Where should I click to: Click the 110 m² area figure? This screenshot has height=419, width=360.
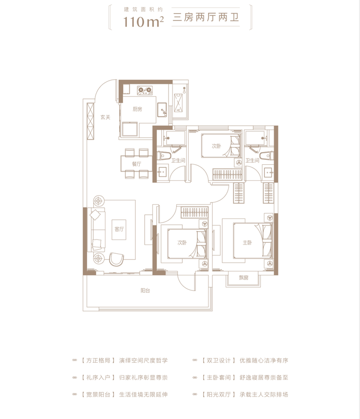point(144,22)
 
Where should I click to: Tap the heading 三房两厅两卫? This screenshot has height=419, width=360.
point(206,18)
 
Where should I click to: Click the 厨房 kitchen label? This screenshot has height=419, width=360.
point(137,109)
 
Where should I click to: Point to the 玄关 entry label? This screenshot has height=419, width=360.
point(105,117)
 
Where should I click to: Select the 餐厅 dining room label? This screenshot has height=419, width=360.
point(136,164)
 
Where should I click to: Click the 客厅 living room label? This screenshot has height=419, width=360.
point(119,229)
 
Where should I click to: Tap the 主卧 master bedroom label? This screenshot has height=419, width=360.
point(247,243)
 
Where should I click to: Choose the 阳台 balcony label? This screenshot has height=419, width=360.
point(145,290)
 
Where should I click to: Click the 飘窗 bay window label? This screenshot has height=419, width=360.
point(244,278)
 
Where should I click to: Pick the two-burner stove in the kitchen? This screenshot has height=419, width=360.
point(145,90)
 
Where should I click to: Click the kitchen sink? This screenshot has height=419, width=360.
point(162,110)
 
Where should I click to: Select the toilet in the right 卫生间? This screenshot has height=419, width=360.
point(267,156)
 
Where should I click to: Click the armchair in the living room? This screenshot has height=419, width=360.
point(116,259)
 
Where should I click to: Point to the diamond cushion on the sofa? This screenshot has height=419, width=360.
point(95,215)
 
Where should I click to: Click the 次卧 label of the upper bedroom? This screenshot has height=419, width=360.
point(216,146)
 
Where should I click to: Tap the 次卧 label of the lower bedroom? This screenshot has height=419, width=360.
point(182,243)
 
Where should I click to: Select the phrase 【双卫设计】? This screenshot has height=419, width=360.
point(218,360)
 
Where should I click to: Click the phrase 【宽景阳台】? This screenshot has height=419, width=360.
point(98,395)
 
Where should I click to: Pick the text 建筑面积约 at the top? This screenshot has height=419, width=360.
point(144,10)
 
